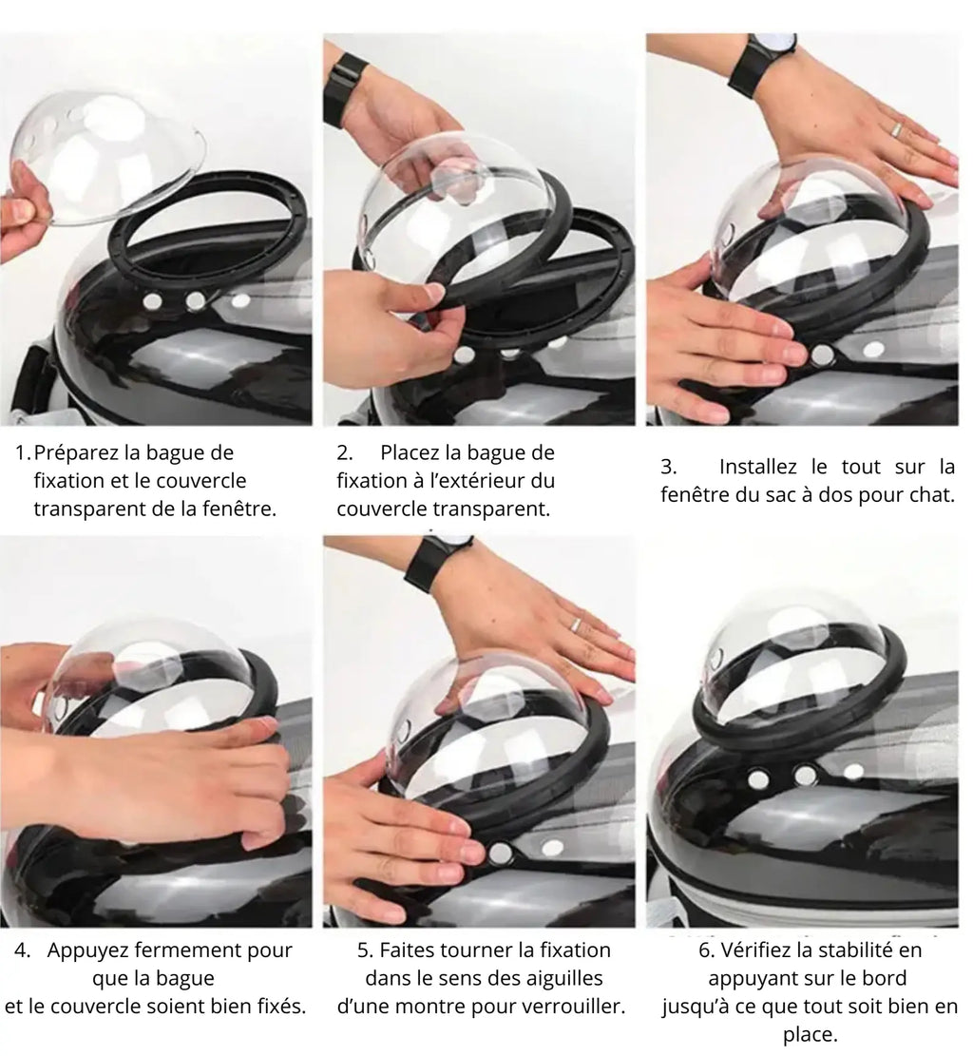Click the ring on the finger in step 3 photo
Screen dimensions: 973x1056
pos(896,130)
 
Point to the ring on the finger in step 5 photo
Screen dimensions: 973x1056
pos(576,624)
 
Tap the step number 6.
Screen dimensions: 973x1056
pos(704,950)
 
